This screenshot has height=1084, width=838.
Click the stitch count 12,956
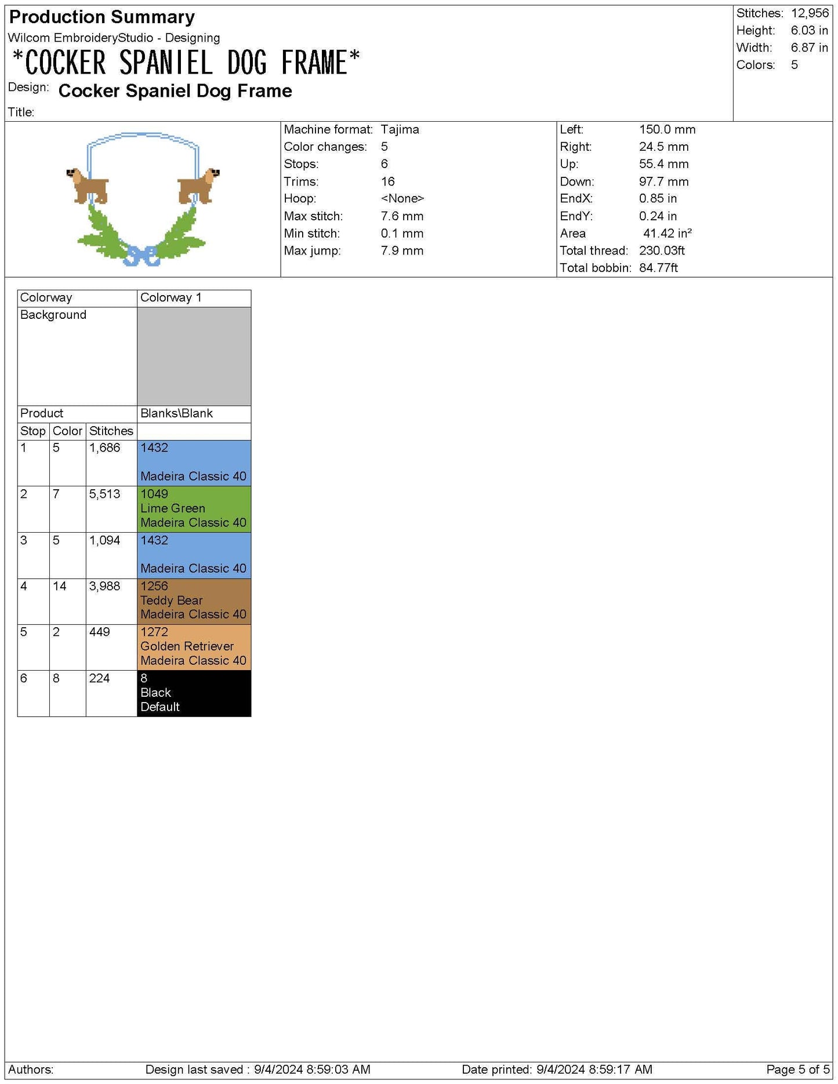pos(810,13)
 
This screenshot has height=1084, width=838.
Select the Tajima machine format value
pos(400,129)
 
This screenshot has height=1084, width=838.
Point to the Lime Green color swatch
pos(194,508)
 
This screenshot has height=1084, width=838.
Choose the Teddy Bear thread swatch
pos(194,601)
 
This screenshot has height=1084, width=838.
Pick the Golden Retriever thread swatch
pos(194,646)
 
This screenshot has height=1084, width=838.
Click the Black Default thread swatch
pos(194,693)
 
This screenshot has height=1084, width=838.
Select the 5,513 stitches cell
pos(105,494)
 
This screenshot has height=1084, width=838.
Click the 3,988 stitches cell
pos(105,586)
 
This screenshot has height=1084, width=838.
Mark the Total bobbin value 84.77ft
pos(658,268)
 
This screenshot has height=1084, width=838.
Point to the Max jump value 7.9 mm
pos(402,250)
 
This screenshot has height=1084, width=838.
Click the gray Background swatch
pos(194,356)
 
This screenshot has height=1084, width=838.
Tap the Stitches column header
pos(111,431)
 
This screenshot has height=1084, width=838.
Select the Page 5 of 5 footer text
pos(797,1069)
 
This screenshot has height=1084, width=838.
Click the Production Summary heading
pos(102,17)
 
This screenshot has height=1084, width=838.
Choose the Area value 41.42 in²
pos(667,233)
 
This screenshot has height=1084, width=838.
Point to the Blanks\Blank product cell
pos(176,413)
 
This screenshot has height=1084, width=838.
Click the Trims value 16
pos(387,181)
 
